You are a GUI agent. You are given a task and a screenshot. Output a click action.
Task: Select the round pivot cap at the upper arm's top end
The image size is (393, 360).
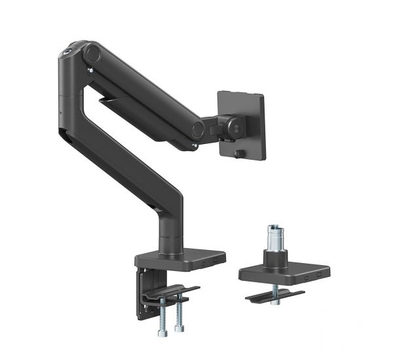pos(92,52)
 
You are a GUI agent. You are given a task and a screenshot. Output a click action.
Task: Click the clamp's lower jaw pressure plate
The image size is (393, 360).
pos(172,292)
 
